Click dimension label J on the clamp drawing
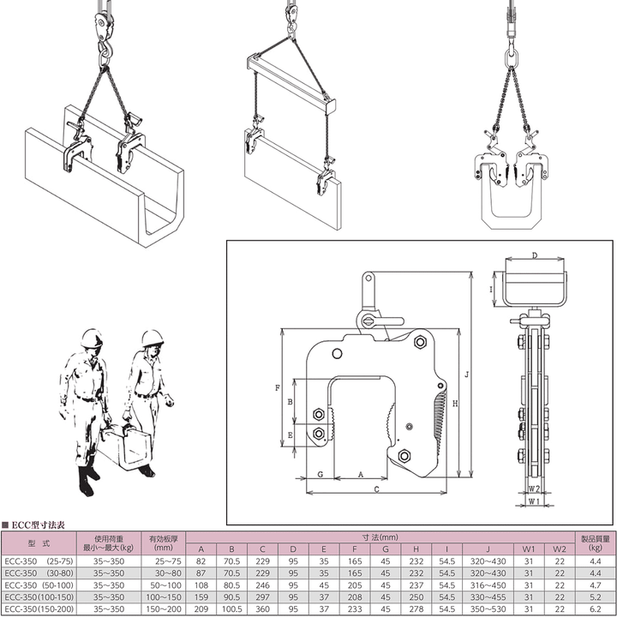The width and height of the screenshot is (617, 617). [467, 374]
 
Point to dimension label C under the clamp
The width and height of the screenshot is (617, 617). [376, 489]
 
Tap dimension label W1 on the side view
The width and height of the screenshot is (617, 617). [534, 501]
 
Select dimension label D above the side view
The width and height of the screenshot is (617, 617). [535, 255]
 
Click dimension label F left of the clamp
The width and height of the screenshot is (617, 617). [278, 387]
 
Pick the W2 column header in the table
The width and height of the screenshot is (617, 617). [559, 549]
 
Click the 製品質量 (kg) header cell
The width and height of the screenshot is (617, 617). [595, 543]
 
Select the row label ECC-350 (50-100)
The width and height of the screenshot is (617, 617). [39, 584]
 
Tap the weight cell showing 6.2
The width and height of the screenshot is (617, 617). [596, 608]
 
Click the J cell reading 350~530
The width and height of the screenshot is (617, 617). [488, 608]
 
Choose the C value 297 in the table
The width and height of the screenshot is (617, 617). [262, 597]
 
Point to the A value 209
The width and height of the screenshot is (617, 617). [201, 608]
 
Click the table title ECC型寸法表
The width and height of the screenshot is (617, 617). [38, 525]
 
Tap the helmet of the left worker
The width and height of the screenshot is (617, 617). [92, 338]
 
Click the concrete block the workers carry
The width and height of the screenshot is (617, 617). [125, 448]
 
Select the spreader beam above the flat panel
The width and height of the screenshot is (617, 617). [291, 82]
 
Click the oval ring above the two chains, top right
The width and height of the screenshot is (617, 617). [511, 57]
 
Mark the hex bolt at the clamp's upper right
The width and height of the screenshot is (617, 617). [420, 342]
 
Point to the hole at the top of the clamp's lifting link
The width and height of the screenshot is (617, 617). [368, 279]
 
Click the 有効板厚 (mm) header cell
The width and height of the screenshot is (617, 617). [164, 543]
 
